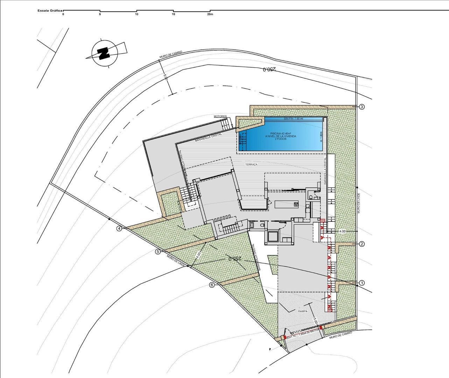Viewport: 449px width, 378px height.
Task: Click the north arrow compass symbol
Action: coord(104,53)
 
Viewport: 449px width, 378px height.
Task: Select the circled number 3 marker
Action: coord(362,107)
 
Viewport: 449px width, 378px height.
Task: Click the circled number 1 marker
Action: coord(362,282)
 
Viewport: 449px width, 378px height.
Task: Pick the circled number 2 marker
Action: coord(362,244)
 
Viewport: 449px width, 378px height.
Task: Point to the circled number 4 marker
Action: coord(120,229)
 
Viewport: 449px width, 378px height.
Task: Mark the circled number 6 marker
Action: coord(212,285)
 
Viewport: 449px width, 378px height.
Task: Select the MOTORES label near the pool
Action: coord(220,116)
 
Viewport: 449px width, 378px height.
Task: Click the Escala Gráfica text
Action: coord(50,10)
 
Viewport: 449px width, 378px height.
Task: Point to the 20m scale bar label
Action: coord(210,14)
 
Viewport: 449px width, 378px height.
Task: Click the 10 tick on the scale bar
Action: coord(136,14)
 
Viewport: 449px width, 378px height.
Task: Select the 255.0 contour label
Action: coord(235,259)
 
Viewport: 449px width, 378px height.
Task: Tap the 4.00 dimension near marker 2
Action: coord(342,231)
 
